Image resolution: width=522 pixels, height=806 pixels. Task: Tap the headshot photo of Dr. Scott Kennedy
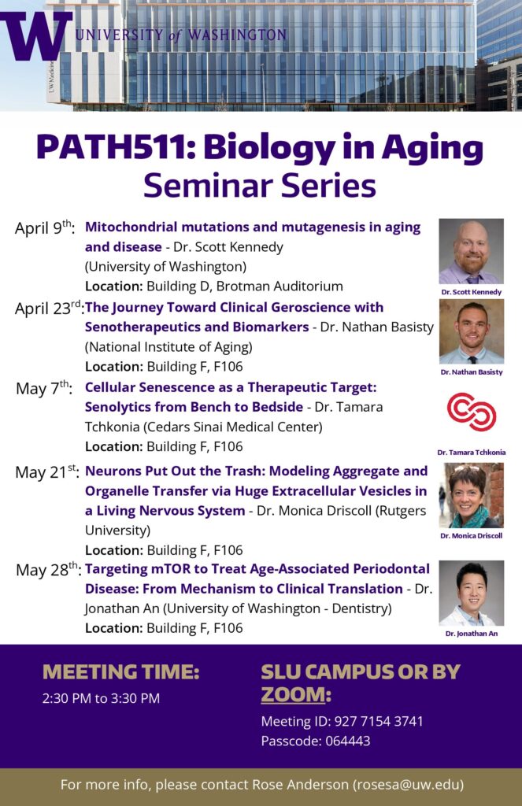pyautogui.click(x=471, y=251)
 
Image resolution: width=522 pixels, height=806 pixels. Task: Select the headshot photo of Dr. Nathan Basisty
pyautogui.click(x=471, y=331)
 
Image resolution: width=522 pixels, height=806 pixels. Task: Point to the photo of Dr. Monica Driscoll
pyautogui.click(x=471, y=495)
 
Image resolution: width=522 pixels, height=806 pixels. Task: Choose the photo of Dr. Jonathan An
pyautogui.click(x=471, y=593)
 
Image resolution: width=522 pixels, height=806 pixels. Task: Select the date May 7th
pyautogui.click(x=44, y=388)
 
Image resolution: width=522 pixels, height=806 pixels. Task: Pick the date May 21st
pyautogui.click(x=46, y=472)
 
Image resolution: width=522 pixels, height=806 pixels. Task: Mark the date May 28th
pyautogui.click(x=47, y=569)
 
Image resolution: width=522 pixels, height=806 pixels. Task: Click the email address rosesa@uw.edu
pyautogui.click(x=406, y=784)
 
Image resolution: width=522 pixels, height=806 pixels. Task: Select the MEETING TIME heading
pyautogui.click(x=120, y=672)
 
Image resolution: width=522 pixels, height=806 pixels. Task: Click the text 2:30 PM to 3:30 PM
pyautogui.click(x=101, y=698)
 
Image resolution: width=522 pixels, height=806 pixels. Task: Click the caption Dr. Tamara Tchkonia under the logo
pyautogui.click(x=471, y=453)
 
